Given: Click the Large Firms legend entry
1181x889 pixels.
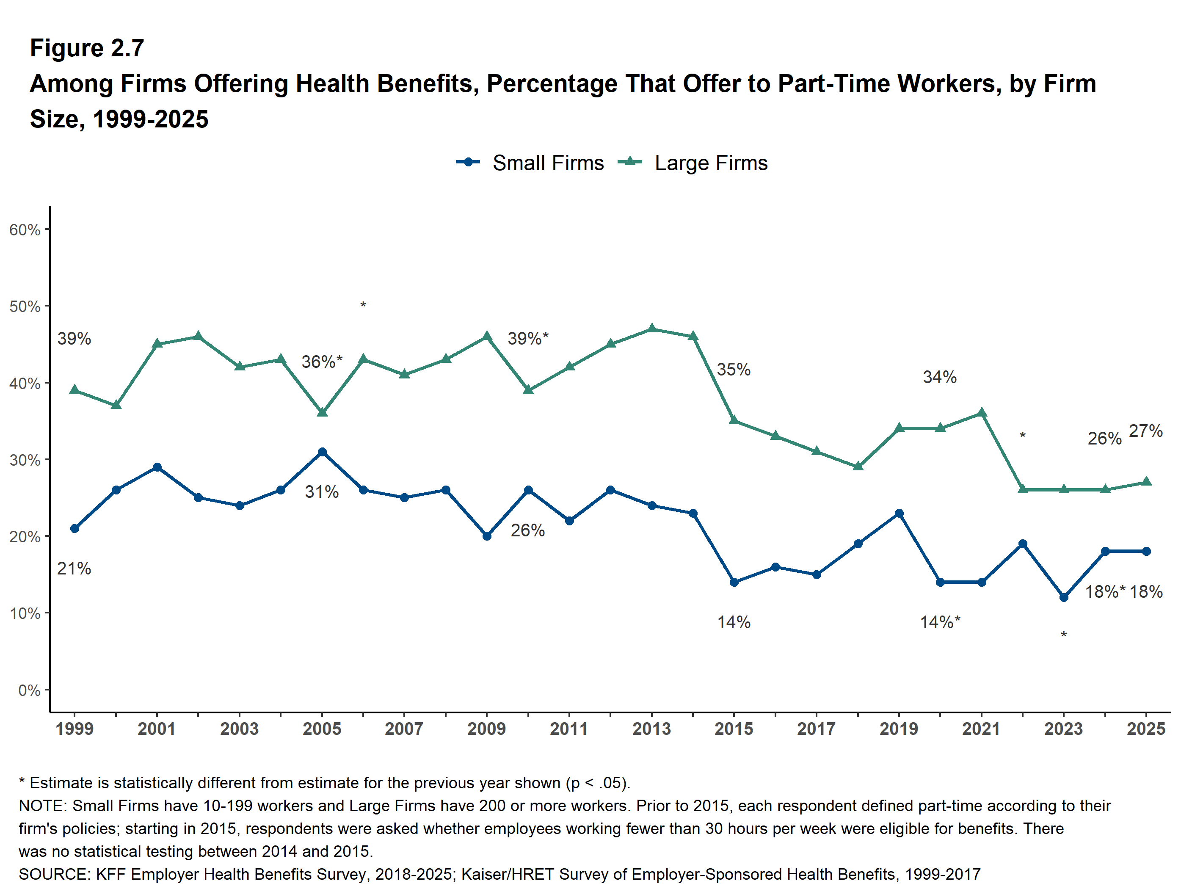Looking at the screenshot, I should tap(710, 163).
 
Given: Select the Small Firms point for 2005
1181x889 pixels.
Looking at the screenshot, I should tap(322, 452).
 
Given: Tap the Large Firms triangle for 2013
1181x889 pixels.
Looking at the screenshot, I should tap(652, 329).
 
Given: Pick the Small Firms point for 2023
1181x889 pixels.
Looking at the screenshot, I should tap(1064, 597).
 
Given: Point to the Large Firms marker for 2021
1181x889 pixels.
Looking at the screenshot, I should tap(981, 413).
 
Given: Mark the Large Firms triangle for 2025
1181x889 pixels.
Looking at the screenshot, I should tap(1146, 482).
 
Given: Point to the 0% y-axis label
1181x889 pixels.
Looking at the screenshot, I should tap(29, 690).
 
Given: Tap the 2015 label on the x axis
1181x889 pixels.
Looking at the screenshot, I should tap(734, 729).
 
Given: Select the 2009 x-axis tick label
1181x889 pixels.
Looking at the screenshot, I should tap(486, 729).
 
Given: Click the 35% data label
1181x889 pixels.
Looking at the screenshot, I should tap(734, 370).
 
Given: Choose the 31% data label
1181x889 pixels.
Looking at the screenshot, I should tap(321, 492).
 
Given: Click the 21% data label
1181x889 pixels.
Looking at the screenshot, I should tap(74, 569).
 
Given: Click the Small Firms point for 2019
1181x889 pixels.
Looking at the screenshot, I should tap(899, 514).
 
